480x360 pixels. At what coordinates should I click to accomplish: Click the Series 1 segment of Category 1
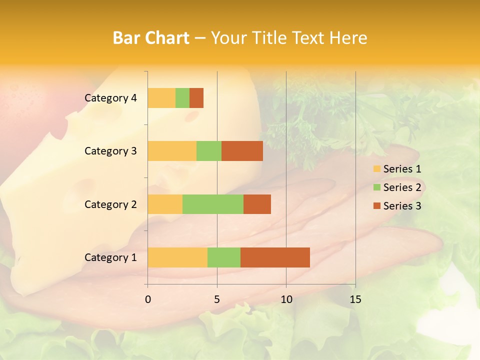pos(177,257)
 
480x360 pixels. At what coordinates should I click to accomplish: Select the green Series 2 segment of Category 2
pos(213,204)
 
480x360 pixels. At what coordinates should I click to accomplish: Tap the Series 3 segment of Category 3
pos(242,151)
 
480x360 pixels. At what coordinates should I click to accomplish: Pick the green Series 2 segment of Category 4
pos(182,98)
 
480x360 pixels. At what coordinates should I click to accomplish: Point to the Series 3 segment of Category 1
pos(275,257)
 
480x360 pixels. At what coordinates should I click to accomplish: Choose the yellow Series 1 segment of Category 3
pos(172,151)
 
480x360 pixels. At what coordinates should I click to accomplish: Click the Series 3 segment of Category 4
pos(196,98)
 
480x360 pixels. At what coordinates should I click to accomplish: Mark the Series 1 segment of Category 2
pos(165,204)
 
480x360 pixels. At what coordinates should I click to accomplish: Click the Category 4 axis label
pos(110,98)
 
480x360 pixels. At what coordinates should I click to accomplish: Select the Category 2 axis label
pos(110,204)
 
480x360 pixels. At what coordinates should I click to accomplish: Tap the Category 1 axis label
pos(110,257)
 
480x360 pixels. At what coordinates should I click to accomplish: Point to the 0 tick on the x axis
pos(148,299)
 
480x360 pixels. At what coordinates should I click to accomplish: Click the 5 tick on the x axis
pos(217,299)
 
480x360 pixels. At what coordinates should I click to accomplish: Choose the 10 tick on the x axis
pos(286,299)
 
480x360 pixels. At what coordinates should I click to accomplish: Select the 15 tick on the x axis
pos(355,299)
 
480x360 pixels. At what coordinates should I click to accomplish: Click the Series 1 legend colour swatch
pos(376,169)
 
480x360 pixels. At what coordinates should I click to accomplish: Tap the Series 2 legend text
pos(402,187)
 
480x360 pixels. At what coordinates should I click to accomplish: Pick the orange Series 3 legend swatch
pos(376,206)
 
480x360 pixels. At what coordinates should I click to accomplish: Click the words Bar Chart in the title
pos(151,38)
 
